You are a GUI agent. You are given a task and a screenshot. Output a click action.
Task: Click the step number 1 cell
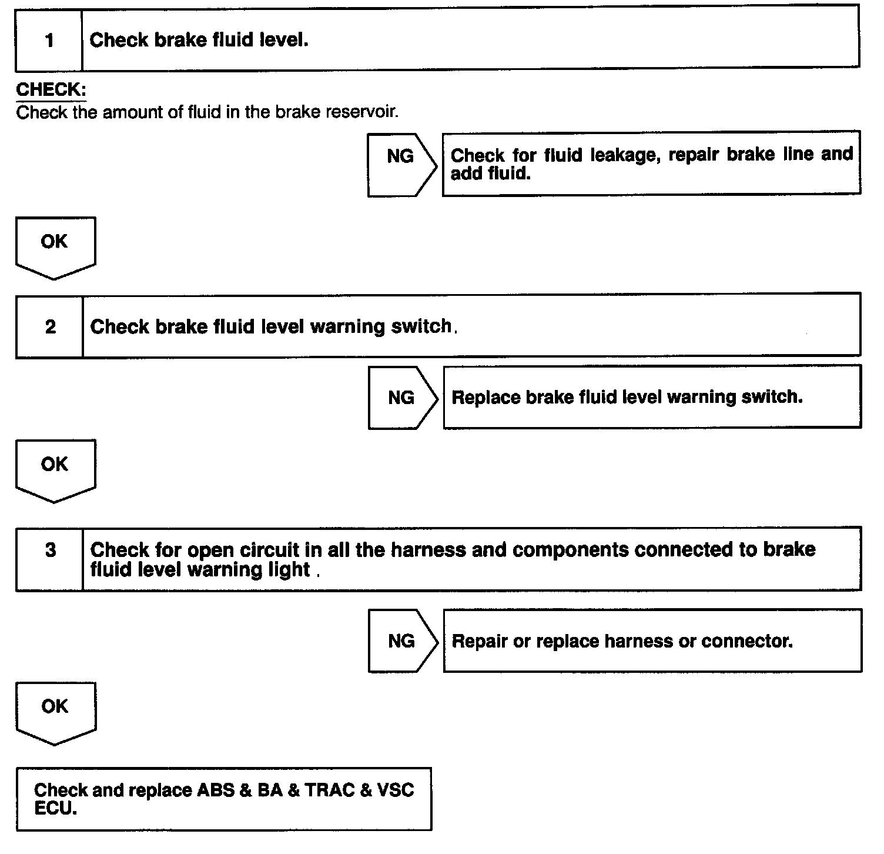pyautogui.click(x=49, y=40)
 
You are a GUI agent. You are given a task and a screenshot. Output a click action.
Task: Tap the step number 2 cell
pyautogui.click(x=50, y=326)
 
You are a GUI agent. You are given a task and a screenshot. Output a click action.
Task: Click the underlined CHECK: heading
pyautogui.click(x=51, y=90)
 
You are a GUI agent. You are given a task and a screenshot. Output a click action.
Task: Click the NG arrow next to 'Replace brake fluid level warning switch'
pyautogui.click(x=402, y=398)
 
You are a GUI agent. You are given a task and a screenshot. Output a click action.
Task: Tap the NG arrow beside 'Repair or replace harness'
pyautogui.click(x=402, y=641)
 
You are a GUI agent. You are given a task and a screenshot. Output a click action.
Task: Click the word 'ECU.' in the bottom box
pyautogui.click(x=55, y=809)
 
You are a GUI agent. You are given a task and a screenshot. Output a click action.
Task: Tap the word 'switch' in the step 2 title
pyautogui.click(x=421, y=327)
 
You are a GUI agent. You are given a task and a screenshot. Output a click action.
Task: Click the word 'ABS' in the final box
pyautogui.click(x=215, y=790)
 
